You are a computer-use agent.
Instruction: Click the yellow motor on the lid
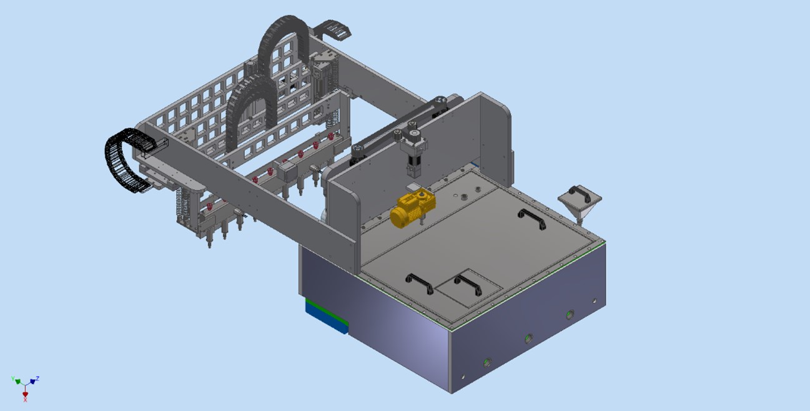(x=412, y=210)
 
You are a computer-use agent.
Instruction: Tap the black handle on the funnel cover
(x=580, y=194)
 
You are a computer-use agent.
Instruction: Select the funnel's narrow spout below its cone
(x=580, y=220)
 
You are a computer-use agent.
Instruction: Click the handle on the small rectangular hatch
(x=468, y=284)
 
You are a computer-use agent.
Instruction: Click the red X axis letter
(x=26, y=400)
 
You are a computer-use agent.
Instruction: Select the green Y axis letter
(x=13, y=379)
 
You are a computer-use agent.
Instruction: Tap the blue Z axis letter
(x=37, y=379)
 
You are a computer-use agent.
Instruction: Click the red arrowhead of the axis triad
(x=26, y=394)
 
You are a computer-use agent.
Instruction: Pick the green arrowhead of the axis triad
(x=18, y=382)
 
